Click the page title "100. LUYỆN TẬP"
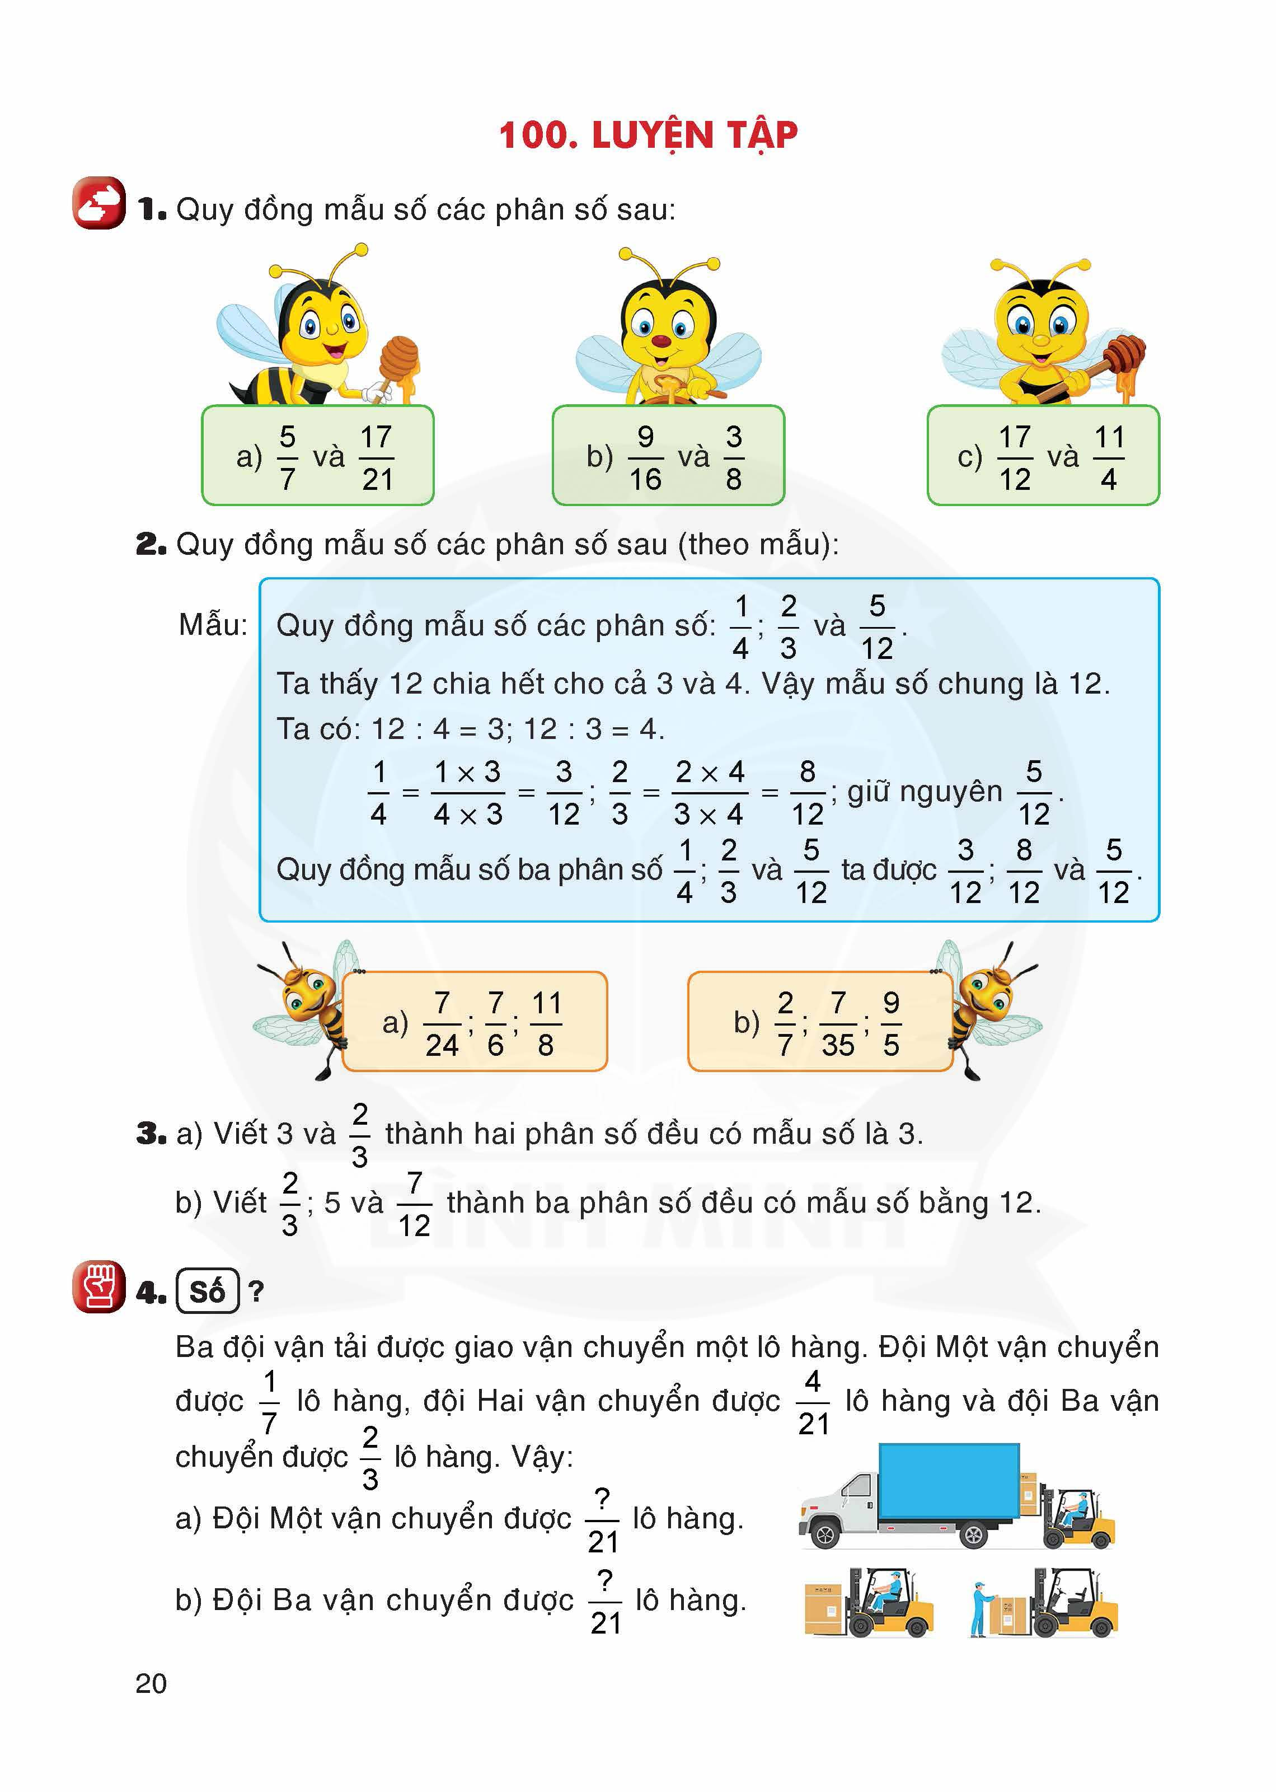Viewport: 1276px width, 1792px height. click(x=648, y=135)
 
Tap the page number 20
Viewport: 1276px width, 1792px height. click(x=151, y=1683)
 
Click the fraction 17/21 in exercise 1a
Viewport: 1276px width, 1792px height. click(x=376, y=457)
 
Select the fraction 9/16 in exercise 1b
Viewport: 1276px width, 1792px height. click(x=645, y=457)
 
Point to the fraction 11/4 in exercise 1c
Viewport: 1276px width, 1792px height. click(x=1109, y=457)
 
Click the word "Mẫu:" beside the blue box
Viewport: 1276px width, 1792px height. click(x=213, y=625)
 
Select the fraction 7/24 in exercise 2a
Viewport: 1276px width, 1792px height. click(x=442, y=1023)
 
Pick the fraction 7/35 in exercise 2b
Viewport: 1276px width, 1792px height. click(x=838, y=1023)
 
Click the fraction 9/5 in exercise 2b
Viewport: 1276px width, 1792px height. click(x=890, y=1023)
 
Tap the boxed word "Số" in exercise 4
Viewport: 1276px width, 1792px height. click(x=208, y=1292)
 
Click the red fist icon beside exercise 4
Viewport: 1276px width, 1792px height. click(x=99, y=1286)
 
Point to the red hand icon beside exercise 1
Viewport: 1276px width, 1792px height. click(x=99, y=203)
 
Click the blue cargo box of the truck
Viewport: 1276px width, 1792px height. click(x=949, y=1481)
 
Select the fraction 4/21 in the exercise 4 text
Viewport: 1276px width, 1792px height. click(x=813, y=1401)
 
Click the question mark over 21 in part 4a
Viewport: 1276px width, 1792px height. click(x=603, y=1499)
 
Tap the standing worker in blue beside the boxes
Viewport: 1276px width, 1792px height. click(x=979, y=1608)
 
